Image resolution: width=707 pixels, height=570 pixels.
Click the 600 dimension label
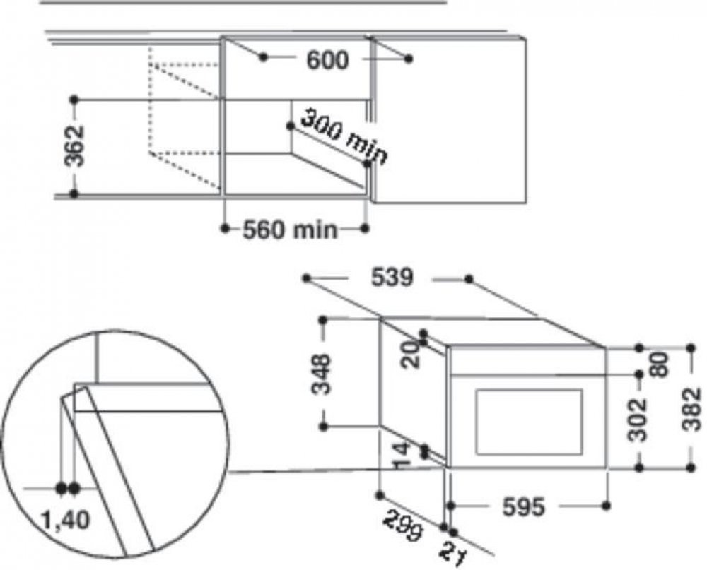click(x=327, y=60)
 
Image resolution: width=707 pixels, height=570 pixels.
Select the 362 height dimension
click(x=74, y=146)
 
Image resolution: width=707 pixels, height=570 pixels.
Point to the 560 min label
click(x=290, y=230)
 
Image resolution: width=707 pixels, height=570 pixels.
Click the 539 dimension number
click(x=392, y=278)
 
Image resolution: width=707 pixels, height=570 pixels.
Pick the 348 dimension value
click(x=322, y=374)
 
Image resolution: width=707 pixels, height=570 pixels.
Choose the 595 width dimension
click(x=523, y=507)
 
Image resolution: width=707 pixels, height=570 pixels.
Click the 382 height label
click(x=691, y=410)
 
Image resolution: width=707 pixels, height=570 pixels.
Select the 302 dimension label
click(x=638, y=420)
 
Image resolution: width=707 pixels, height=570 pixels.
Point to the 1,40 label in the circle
click(x=65, y=520)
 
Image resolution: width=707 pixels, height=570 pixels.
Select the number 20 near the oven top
click(x=410, y=355)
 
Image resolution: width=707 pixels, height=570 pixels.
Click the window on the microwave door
click(x=529, y=422)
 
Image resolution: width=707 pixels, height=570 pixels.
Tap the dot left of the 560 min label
click(x=226, y=229)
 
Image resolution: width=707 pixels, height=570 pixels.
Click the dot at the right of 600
click(x=409, y=59)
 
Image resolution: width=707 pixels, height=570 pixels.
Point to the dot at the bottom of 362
click(x=74, y=194)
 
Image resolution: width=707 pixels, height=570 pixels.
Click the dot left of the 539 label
click(x=307, y=278)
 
